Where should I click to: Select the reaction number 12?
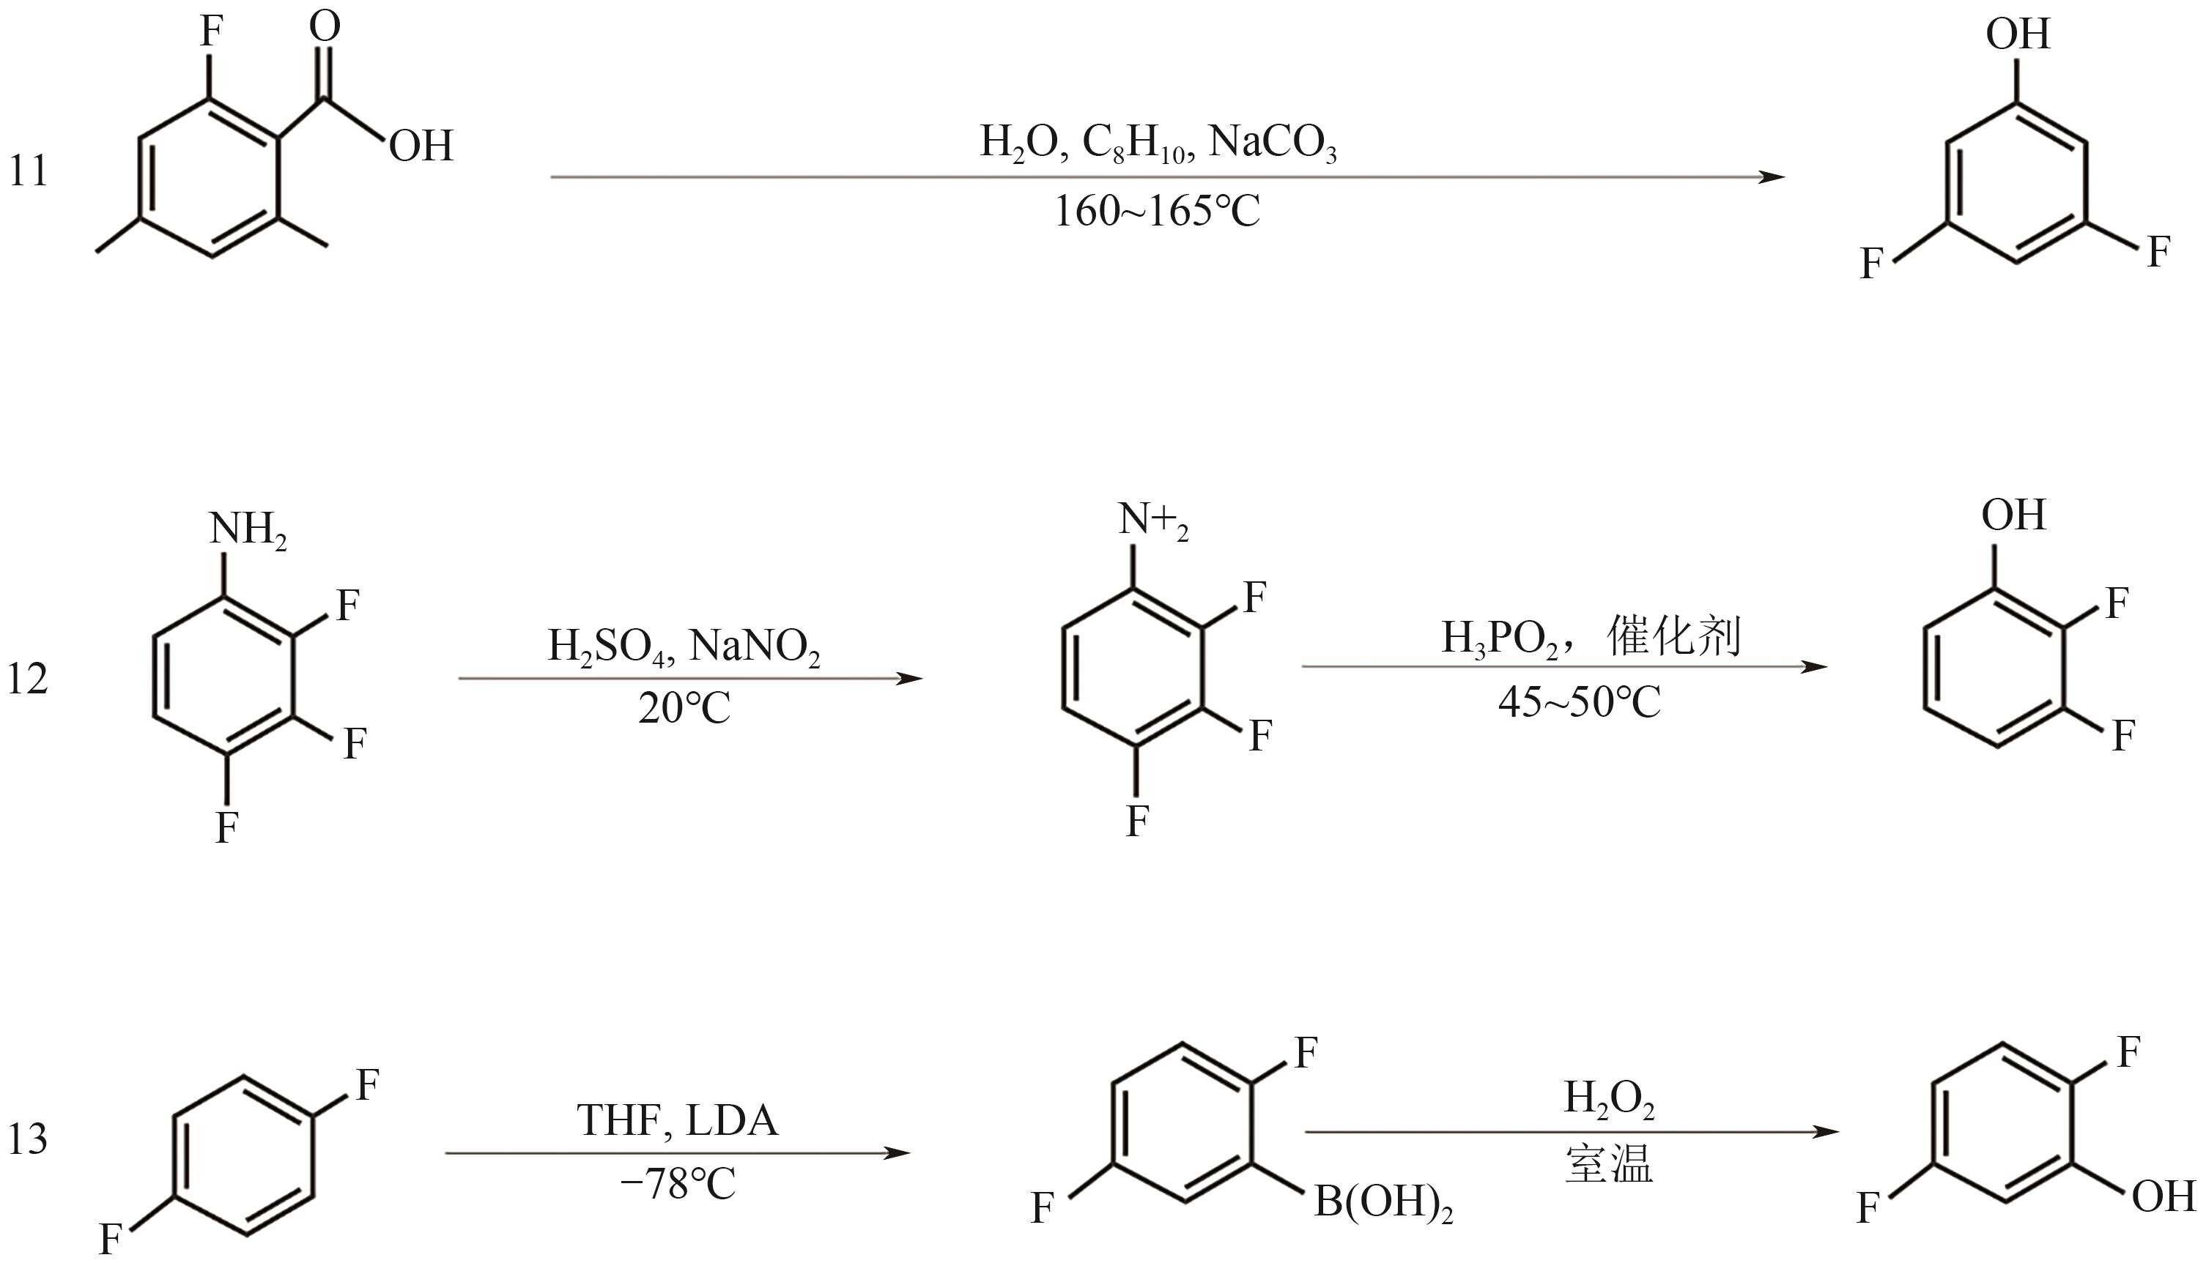coord(28,679)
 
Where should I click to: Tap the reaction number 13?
coord(28,1140)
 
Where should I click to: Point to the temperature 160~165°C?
coord(1157,211)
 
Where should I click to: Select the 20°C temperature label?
coord(684,709)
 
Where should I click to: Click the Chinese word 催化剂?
coord(1673,637)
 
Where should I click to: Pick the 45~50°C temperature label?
coord(1579,701)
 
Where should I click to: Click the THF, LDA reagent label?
coord(678,1121)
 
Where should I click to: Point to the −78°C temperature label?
coord(678,1184)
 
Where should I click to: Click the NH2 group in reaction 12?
coord(248,530)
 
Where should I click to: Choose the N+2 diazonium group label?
coord(1152,521)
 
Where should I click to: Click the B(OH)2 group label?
coord(1383,1204)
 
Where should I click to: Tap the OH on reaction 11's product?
coord(2018,34)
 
